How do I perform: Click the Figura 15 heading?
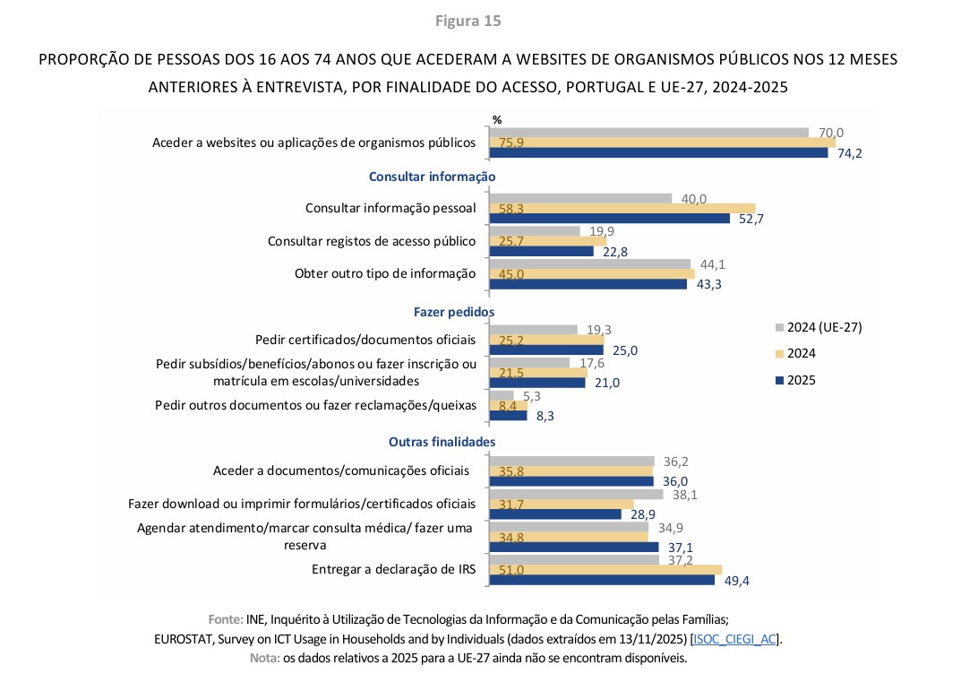coord(468,21)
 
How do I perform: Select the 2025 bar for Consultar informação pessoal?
coord(609,219)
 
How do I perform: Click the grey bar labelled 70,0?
coord(648,132)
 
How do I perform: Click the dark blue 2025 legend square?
coord(780,380)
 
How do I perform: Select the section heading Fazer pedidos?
coord(454,312)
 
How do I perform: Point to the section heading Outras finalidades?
coord(442,442)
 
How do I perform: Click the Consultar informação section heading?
coord(432,177)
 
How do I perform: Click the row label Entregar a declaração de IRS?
coord(393,569)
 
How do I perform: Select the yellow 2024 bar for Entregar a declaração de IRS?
coord(605,570)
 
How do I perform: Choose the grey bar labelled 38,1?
coord(575,494)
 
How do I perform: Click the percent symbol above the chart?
coord(497,119)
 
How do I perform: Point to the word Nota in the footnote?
coord(263,658)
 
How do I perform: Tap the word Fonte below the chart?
coord(224,619)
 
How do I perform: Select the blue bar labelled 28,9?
coord(554,514)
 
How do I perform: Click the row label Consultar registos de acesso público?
coord(372,241)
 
